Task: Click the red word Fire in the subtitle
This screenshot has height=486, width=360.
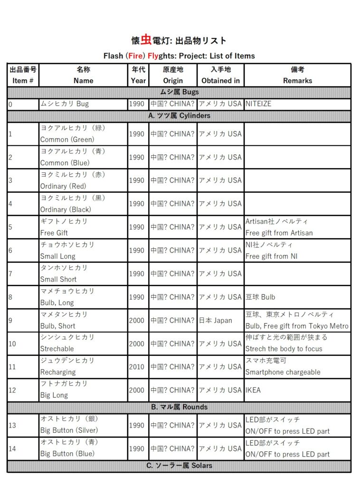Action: pyautogui.click(x=136, y=56)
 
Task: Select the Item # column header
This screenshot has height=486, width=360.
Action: pyautogui.click(x=22, y=81)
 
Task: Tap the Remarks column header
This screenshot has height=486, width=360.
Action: pyautogui.click(x=297, y=81)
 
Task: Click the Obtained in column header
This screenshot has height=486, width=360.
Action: pyautogui.click(x=220, y=81)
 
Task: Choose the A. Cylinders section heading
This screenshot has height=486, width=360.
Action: pyautogui.click(x=179, y=115)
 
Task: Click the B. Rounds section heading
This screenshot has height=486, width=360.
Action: pyautogui.click(x=179, y=407)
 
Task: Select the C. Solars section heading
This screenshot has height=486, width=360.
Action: pyautogui.click(x=179, y=466)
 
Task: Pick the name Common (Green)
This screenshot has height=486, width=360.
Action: pyautogui.click(x=67, y=140)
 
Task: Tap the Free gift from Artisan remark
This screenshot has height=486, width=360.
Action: pyautogui.click(x=279, y=233)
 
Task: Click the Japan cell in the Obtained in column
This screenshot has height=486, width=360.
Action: pyautogui.click(x=216, y=320)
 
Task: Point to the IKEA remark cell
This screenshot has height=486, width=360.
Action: pyautogui.click(x=253, y=390)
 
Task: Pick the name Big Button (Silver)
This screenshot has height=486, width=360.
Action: pyautogui.click(x=69, y=430)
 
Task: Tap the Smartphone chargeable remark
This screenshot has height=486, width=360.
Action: pyautogui.click(x=283, y=372)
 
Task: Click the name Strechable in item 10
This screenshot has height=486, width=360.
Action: pyautogui.click(x=57, y=349)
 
